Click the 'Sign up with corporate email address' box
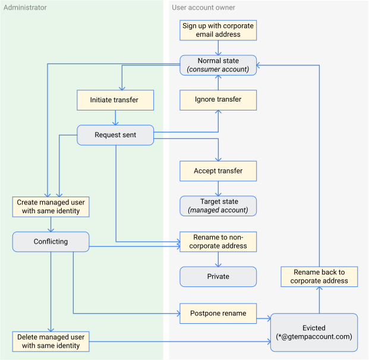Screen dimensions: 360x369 pyautogui.click(x=218, y=30)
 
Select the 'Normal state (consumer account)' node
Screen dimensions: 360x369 pyautogui.click(x=218, y=65)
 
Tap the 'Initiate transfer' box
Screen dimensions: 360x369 pyautogui.click(x=115, y=100)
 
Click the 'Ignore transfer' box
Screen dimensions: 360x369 pyautogui.click(x=218, y=100)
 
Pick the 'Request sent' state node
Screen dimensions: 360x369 pyautogui.click(x=115, y=135)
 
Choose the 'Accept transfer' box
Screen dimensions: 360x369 pyautogui.click(x=218, y=171)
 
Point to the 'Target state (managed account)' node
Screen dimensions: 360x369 pyautogui.click(x=218, y=206)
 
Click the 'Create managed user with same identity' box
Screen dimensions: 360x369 pyautogui.click(x=51, y=207)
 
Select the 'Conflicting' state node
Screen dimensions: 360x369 pyautogui.click(x=51, y=242)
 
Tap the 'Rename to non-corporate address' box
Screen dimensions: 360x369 pyautogui.click(x=218, y=242)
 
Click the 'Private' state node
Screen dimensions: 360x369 pyautogui.click(x=218, y=276)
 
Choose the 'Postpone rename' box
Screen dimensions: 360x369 pyautogui.click(x=218, y=313)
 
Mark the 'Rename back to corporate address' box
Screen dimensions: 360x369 pyautogui.click(x=319, y=276)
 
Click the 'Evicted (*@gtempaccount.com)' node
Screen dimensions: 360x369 pyautogui.click(x=314, y=332)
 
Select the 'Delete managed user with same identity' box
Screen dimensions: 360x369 pyautogui.click(x=51, y=341)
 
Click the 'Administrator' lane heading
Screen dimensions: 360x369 pyautogui.click(x=26, y=8)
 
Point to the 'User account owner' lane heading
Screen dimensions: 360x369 pyautogui.click(x=203, y=8)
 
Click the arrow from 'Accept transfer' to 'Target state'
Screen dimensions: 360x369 pyautogui.click(x=218, y=189)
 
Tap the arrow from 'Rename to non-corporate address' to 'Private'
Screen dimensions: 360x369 pyautogui.click(x=218, y=259)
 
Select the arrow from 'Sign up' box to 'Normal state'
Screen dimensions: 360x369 pyautogui.click(x=218, y=48)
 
